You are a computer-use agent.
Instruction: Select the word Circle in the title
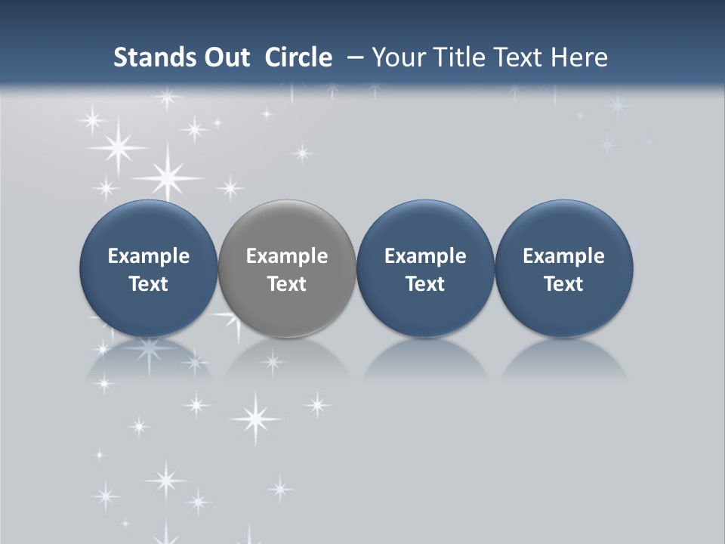(298, 57)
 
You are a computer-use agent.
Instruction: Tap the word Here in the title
(579, 57)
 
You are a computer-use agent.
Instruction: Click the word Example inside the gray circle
(287, 256)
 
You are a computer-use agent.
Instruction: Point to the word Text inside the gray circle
(287, 284)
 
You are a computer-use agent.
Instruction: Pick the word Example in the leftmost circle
(149, 256)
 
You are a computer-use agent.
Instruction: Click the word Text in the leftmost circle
(149, 284)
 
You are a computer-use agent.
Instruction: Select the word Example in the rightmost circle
(563, 256)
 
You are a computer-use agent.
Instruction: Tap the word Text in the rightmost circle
(563, 284)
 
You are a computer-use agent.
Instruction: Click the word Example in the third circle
(425, 256)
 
